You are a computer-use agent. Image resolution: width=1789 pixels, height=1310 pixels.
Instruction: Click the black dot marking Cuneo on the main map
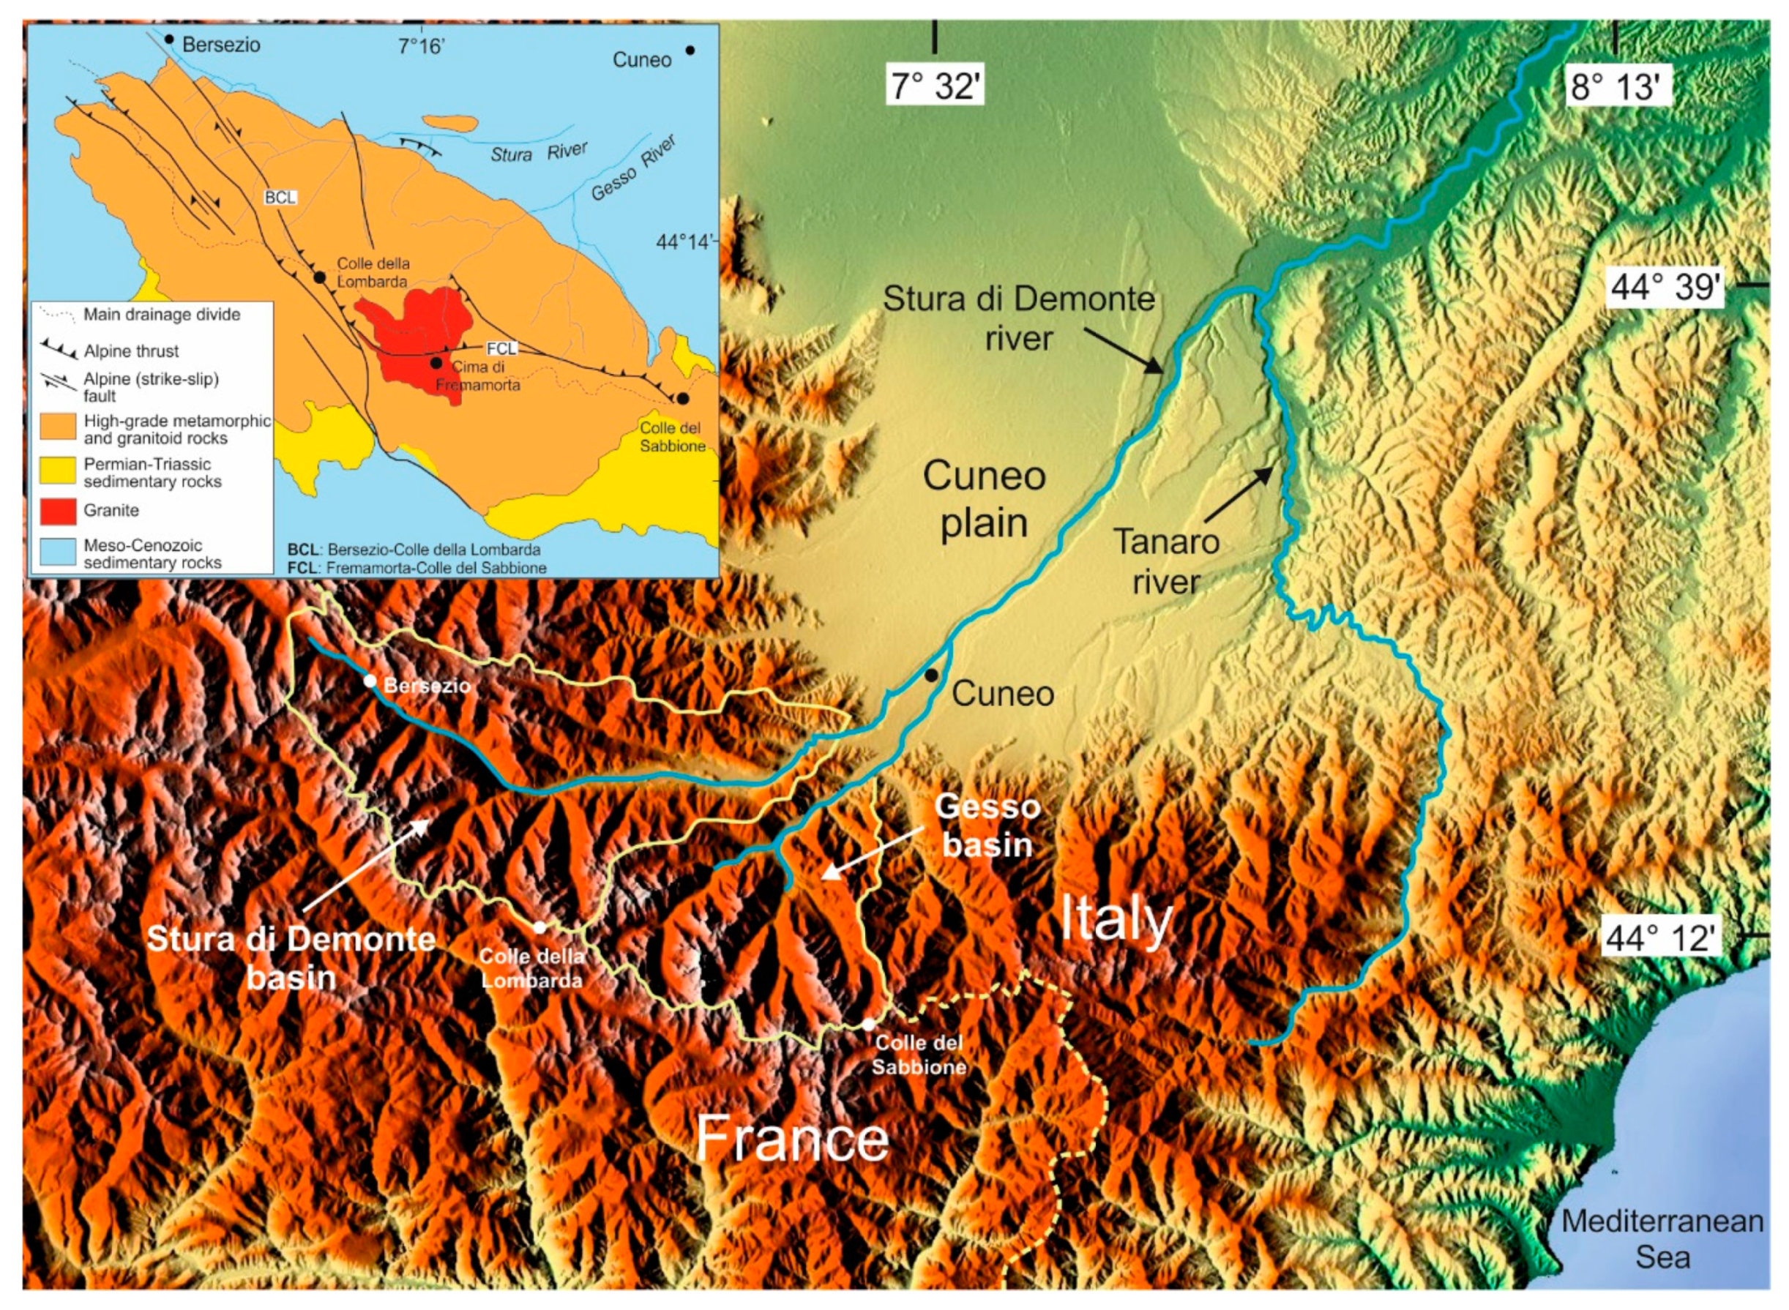click(x=931, y=675)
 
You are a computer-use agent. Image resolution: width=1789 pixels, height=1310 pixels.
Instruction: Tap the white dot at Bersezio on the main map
click(x=370, y=681)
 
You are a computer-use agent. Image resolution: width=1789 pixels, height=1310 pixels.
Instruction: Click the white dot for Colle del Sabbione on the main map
click(x=868, y=1025)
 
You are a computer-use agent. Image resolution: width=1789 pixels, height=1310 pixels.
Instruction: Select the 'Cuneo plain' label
click(x=984, y=500)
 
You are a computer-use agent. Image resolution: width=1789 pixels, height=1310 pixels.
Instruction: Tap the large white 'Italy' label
click(x=1116, y=918)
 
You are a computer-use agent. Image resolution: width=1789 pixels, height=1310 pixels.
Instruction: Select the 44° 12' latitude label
click(x=1662, y=938)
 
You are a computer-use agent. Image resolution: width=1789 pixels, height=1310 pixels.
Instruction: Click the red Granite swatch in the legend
click(x=58, y=512)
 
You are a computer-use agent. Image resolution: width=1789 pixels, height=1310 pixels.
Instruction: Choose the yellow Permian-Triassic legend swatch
click(x=58, y=472)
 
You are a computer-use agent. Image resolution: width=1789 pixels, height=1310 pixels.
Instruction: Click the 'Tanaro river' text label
click(x=1165, y=561)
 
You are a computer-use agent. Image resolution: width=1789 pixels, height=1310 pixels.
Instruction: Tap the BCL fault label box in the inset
click(x=280, y=197)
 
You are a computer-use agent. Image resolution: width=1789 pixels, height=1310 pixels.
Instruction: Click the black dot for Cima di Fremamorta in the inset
click(x=436, y=362)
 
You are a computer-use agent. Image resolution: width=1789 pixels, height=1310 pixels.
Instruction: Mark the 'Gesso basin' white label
click(x=987, y=826)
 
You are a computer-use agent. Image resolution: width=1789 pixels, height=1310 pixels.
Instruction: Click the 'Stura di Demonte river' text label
click(x=1018, y=318)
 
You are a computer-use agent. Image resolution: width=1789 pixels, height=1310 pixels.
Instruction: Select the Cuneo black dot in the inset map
click(x=690, y=50)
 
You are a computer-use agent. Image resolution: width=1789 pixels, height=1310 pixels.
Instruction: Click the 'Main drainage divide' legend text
click(x=162, y=315)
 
